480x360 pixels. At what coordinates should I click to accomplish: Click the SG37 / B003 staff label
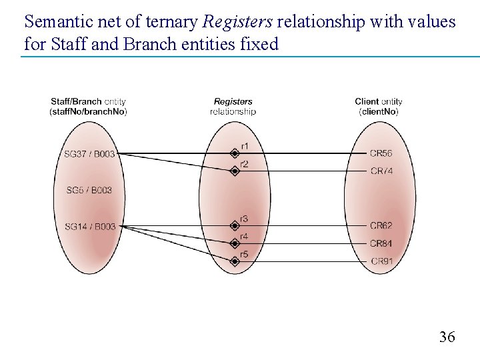(x=89, y=154)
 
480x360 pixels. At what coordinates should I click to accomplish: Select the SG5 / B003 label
(x=89, y=191)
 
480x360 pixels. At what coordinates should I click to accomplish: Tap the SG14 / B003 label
(x=90, y=227)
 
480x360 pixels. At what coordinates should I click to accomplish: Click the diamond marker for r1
(x=234, y=153)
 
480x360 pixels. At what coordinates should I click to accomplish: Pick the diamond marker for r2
(x=234, y=171)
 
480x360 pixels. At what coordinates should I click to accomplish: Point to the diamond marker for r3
(x=234, y=226)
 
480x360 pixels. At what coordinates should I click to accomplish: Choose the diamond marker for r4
(x=234, y=243)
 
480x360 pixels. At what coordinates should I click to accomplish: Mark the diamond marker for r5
(x=234, y=261)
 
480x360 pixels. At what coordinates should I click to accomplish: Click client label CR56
(x=381, y=153)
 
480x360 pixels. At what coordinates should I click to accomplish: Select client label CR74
(x=381, y=171)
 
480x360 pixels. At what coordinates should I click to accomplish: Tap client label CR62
(x=381, y=226)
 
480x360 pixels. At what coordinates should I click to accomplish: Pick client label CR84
(x=381, y=243)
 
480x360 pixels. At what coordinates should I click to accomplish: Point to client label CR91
(x=381, y=261)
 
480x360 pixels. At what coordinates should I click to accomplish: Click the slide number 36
(x=447, y=337)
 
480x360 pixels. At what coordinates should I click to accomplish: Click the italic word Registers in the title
(x=237, y=22)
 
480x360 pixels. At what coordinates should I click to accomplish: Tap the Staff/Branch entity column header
(x=88, y=107)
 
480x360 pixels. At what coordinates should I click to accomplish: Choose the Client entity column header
(x=379, y=107)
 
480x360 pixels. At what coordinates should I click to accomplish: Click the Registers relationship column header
(x=233, y=107)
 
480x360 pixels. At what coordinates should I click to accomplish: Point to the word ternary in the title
(x=173, y=22)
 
